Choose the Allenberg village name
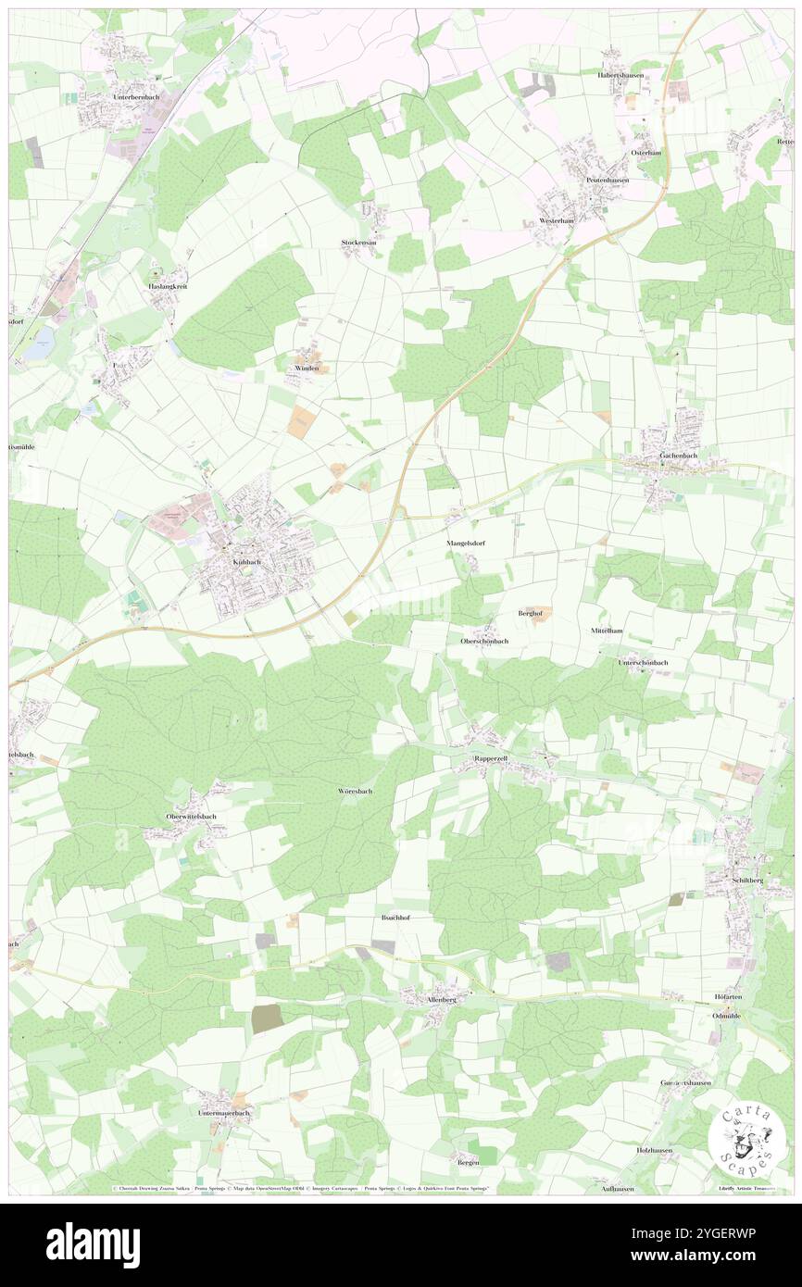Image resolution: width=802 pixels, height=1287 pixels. tap(427, 1000)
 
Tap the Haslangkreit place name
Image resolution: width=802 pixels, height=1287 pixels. tap(168, 286)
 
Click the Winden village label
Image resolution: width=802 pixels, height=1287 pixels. tap(307, 368)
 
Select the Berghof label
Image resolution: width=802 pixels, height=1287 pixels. tap(530, 614)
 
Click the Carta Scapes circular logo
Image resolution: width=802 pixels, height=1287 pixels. tap(746, 1136)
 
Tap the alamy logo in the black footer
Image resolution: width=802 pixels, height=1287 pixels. tap(93, 1244)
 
